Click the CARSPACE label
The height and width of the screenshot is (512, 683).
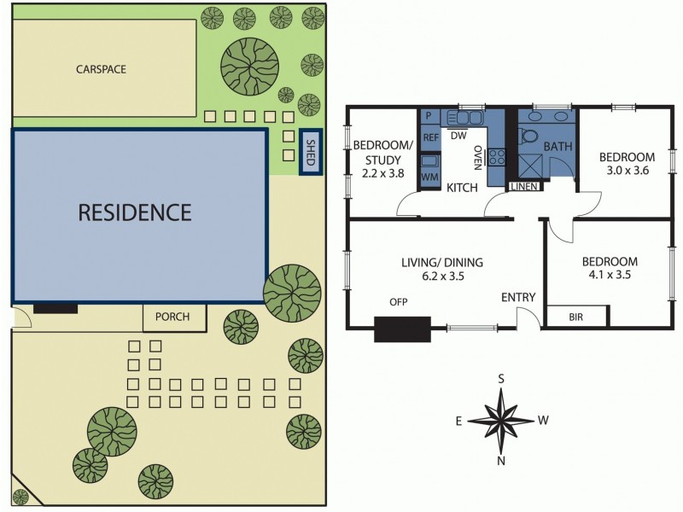coord(101,69)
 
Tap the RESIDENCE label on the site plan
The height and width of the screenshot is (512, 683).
coord(135,212)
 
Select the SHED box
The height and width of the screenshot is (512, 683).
coord(311,151)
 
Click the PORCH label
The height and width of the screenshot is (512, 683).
coord(173,317)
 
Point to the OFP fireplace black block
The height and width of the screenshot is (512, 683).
coord(402,328)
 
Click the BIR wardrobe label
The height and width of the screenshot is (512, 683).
coord(576,317)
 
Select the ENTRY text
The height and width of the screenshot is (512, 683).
coord(518,297)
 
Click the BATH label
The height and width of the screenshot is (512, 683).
coord(557,147)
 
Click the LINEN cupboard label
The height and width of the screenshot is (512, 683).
coord(522,187)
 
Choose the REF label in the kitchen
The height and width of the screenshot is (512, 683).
coord(430,137)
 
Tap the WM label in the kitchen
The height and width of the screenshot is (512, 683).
coord(429,177)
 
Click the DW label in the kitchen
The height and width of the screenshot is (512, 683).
coord(458,136)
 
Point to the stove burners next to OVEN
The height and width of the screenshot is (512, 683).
coord(498,156)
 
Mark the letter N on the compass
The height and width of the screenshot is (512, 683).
coord(501,462)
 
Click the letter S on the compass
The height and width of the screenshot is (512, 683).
coord(502,379)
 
